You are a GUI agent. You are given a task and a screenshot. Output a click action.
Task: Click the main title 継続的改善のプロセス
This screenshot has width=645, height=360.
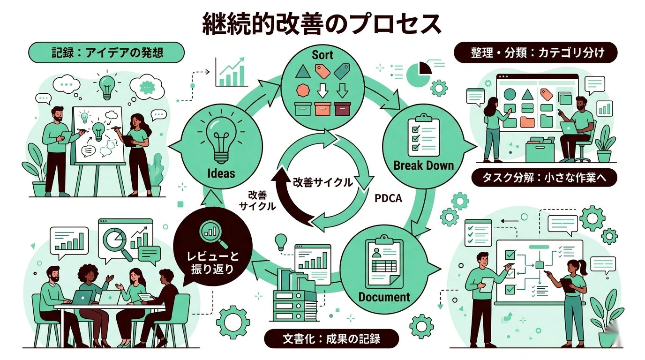coord(322,23)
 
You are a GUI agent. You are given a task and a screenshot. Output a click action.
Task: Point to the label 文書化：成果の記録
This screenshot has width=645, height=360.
coord(331,338)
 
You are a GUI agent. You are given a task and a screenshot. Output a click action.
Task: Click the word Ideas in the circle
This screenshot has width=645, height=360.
coord(221,173)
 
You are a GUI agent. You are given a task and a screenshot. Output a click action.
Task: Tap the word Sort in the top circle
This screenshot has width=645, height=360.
coord(322,54)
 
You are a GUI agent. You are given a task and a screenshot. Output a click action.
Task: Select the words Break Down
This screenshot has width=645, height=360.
coord(424,165)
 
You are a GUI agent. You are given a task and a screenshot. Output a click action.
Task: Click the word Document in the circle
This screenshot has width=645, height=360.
coord(384,297)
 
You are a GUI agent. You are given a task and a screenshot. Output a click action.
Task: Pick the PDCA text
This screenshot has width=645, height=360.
coord(389,198)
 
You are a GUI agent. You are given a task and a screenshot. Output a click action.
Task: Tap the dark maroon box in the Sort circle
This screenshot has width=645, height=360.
coord(343,108)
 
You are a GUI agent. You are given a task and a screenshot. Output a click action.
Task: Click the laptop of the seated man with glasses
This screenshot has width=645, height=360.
coord(570,127)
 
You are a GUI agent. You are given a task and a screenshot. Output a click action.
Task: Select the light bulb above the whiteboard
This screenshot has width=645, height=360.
coord(107,85)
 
